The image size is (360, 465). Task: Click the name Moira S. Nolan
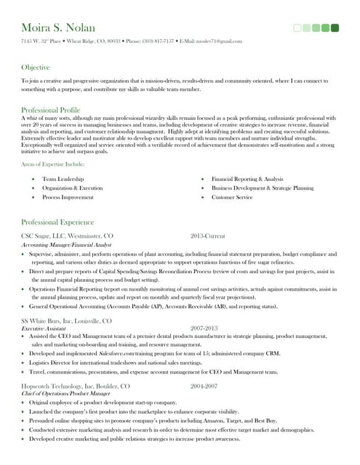58,28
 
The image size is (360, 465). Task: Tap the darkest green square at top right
335,28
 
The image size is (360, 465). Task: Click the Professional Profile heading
51,110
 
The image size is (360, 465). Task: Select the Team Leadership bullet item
63,179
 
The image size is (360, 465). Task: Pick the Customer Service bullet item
232,198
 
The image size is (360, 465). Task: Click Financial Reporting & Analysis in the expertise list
247,179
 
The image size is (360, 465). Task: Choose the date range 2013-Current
208,236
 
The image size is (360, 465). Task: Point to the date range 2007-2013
205,328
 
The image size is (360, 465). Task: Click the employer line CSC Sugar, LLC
68,236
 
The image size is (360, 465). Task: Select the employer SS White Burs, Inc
66,320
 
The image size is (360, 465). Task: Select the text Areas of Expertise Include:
53,165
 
